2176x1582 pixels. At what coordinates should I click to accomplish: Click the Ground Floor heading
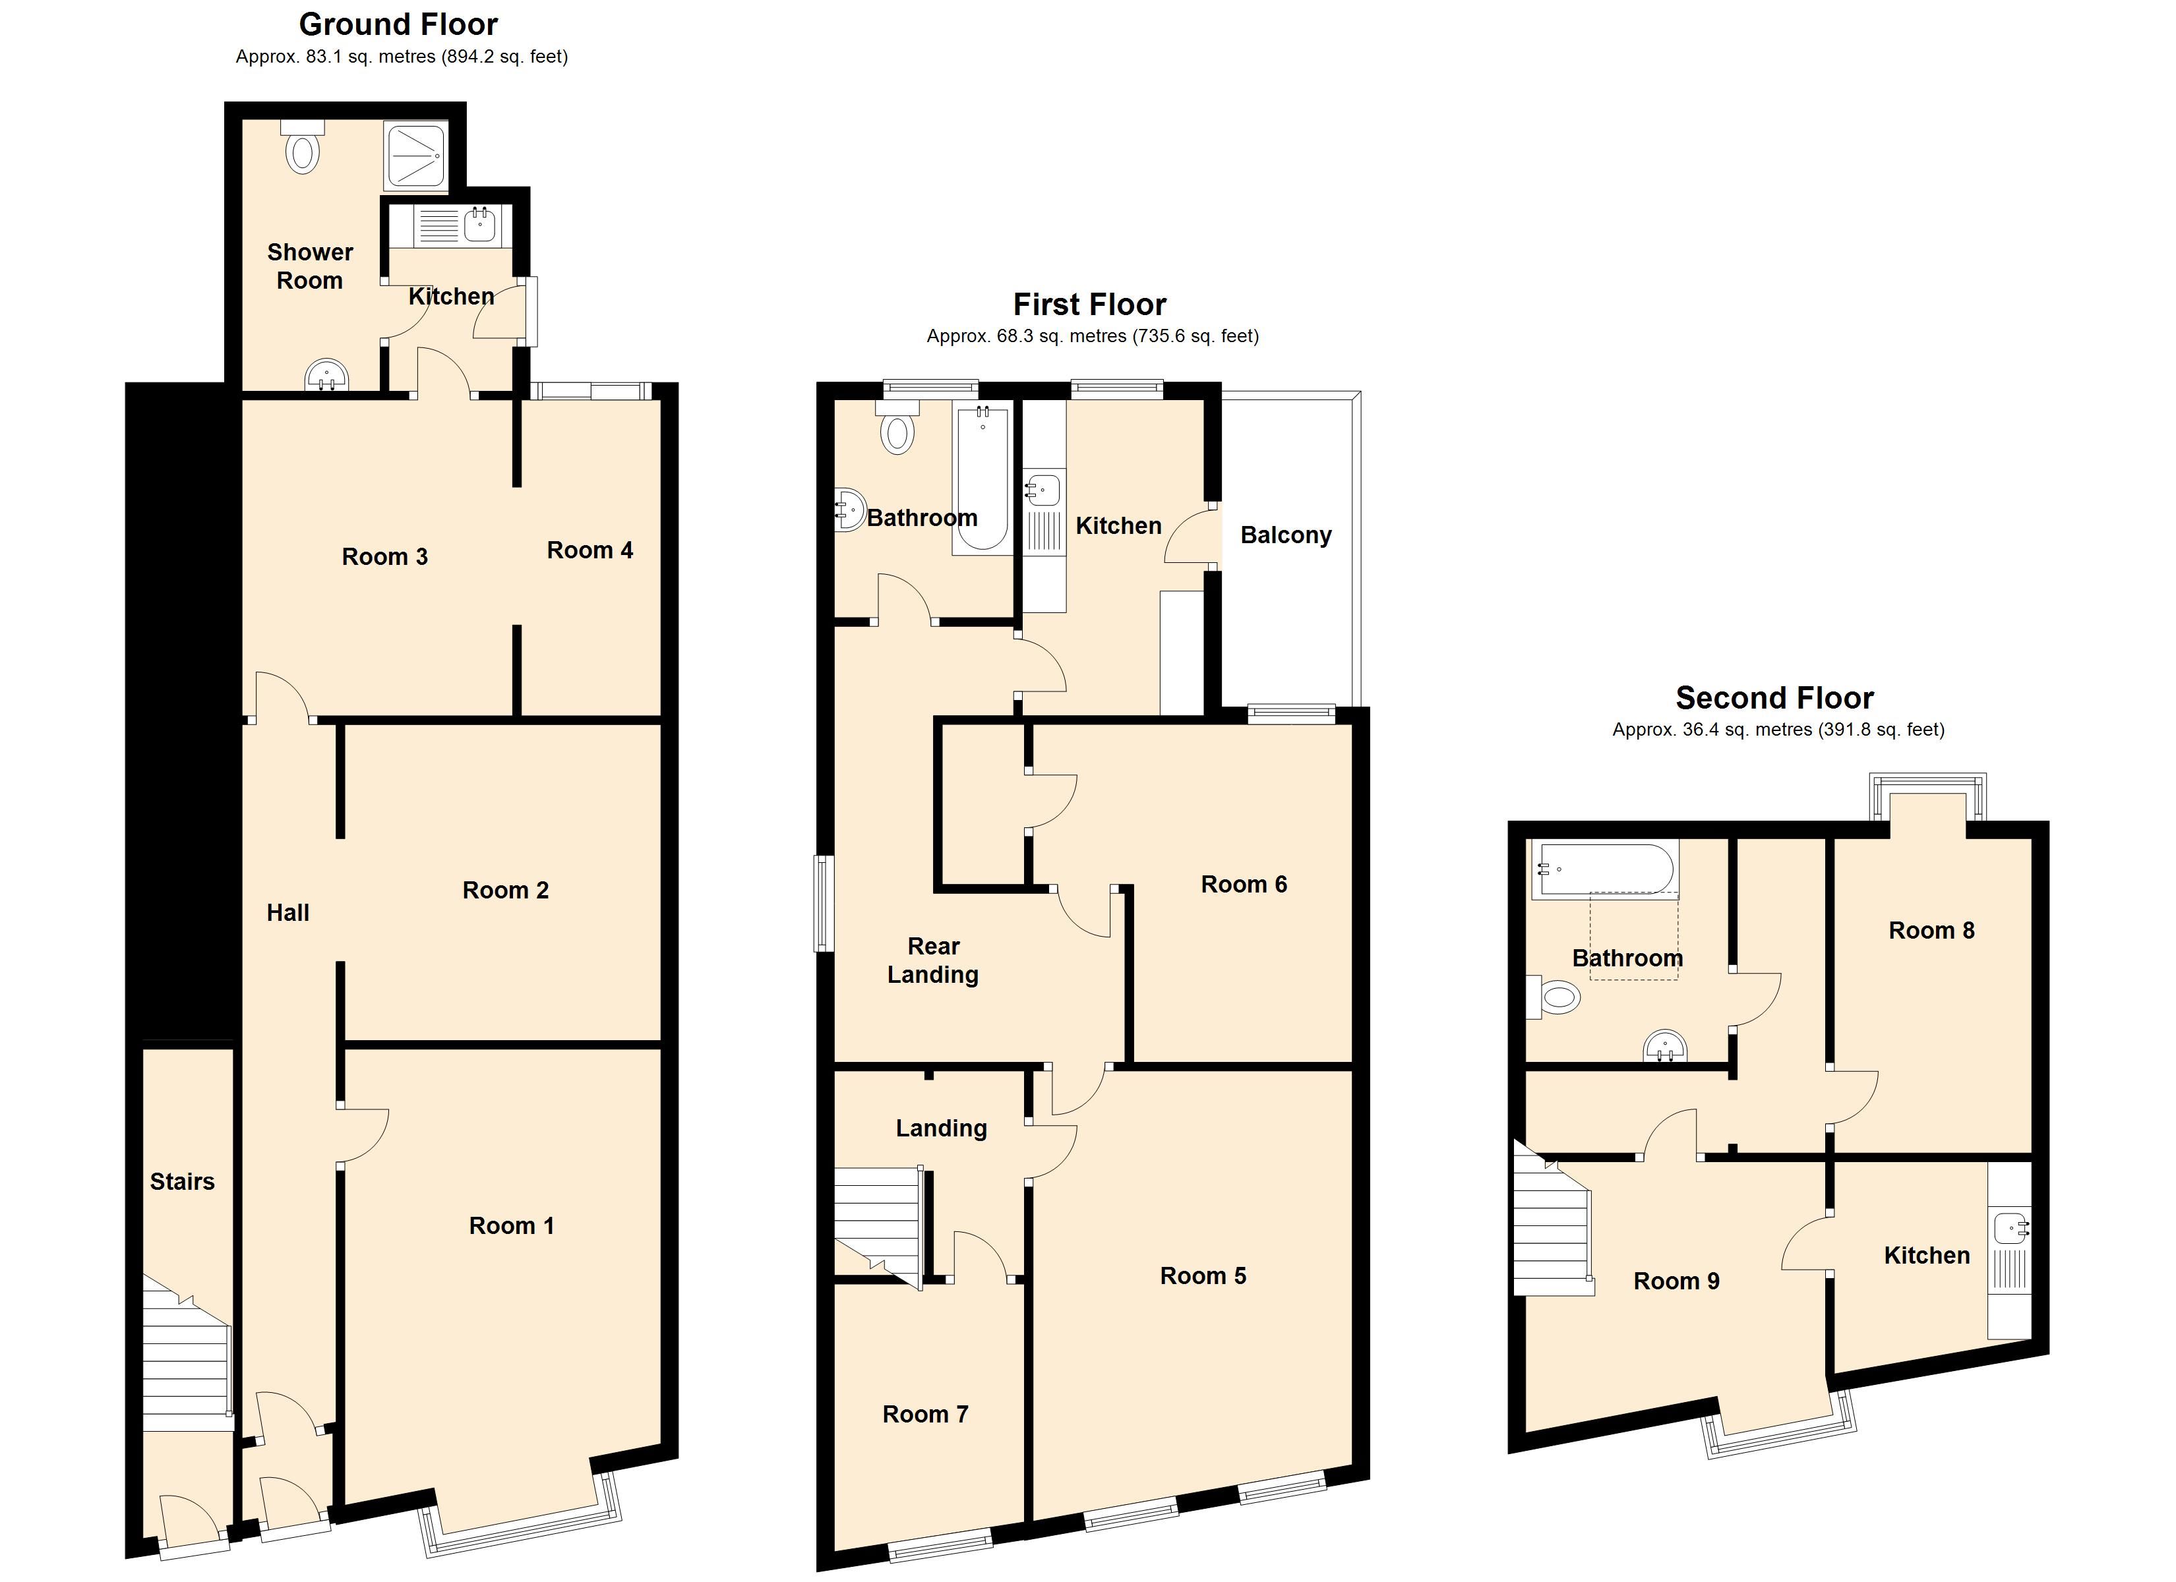[x=398, y=24]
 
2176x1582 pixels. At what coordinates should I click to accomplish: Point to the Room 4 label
[x=590, y=550]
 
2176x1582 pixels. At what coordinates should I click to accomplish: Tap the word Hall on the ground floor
[x=288, y=912]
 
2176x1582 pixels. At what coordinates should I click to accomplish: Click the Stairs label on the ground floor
[x=182, y=1181]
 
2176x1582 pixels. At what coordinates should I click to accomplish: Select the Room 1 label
[x=512, y=1225]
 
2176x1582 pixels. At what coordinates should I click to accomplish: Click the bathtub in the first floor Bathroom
[x=981, y=480]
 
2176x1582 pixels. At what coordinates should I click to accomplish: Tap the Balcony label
[x=1286, y=535]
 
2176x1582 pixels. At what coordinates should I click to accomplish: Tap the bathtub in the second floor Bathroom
[x=1604, y=869]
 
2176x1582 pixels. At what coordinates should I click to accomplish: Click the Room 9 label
[x=1676, y=1281]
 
